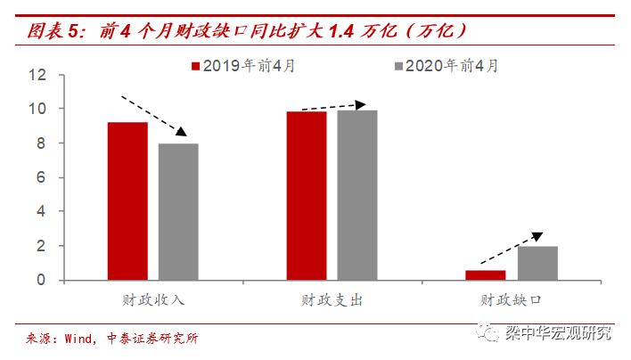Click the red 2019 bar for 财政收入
point(127,200)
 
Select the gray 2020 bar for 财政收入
point(177,211)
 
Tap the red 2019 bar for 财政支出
point(306,195)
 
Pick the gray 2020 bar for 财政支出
point(356,194)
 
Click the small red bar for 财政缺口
point(485,274)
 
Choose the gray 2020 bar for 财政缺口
point(537,263)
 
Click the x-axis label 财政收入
point(152,300)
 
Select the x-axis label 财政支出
point(332,300)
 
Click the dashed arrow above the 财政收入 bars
point(153,113)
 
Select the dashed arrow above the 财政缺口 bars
point(510,249)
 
